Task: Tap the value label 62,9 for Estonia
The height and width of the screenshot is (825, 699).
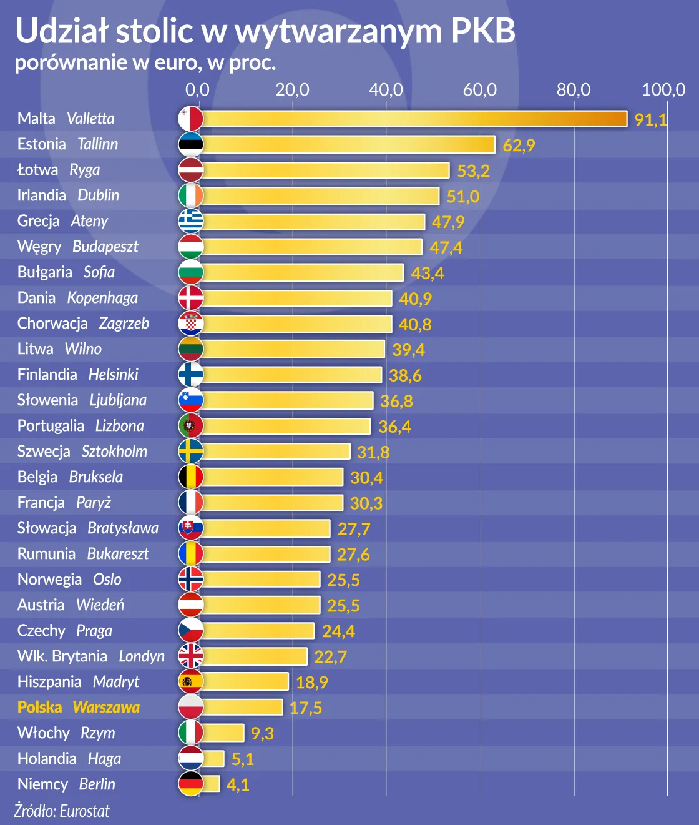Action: click(x=519, y=146)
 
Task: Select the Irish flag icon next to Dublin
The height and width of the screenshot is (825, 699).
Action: click(x=190, y=195)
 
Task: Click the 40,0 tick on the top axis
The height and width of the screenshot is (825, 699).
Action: click(x=386, y=90)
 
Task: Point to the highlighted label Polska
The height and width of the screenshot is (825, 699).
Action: click(x=40, y=707)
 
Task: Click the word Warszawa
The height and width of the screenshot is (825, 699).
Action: click(x=106, y=707)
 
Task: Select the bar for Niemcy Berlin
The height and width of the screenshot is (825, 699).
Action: click(x=211, y=784)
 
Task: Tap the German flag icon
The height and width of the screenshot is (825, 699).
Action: click(x=190, y=784)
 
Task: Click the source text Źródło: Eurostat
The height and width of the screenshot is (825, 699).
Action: click(x=62, y=811)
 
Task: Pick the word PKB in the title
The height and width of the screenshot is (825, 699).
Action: click(x=483, y=31)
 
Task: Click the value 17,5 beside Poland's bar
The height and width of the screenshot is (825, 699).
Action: click(x=306, y=708)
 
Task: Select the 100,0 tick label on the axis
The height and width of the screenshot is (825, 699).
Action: click(x=663, y=90)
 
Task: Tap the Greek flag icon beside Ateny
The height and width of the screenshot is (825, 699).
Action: click(x=190, y=221)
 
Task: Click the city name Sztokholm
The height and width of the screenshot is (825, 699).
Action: click(x=114, y=451)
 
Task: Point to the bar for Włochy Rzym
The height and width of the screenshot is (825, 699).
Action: click(x=223, y=733)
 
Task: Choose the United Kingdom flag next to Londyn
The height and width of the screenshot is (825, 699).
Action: click(x=190, y=656)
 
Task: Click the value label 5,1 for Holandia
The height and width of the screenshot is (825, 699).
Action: click(x=242, y=759)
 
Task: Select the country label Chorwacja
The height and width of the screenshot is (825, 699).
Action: click(x=52, y=324)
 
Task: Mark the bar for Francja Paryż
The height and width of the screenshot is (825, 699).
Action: click(x=273, y=503)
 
